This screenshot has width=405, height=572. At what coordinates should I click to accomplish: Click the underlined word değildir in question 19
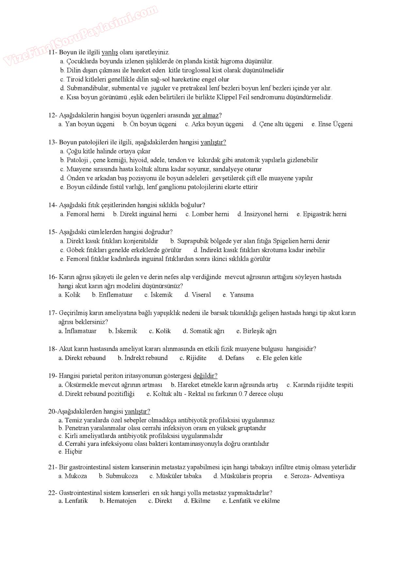coord(205,376)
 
